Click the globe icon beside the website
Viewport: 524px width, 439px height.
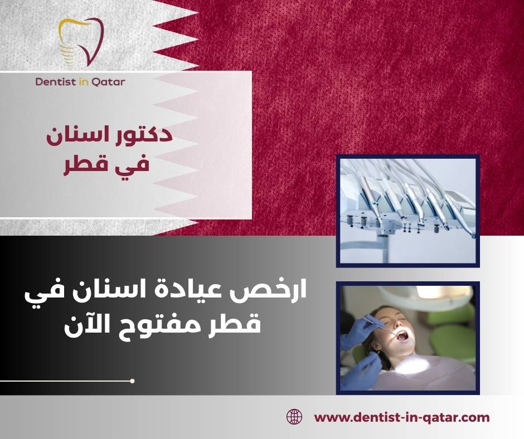(x=294, y=416)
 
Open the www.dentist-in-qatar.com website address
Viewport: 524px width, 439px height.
(x=402, y=417)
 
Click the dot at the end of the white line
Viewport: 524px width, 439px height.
(x=132, y=381)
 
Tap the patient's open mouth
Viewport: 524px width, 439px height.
(x=402, y=335)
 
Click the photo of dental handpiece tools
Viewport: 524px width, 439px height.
(x=407, y=210)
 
